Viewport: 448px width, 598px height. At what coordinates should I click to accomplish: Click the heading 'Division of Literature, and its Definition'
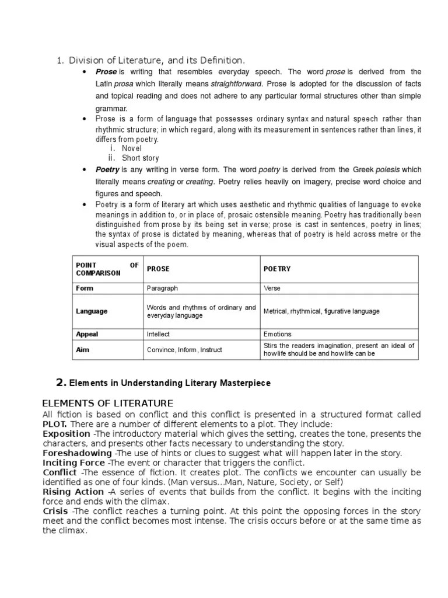[157, 60]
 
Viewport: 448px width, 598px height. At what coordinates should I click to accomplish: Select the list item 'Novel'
[132, 148]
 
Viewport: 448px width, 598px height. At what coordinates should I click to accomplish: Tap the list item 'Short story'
[140, 158]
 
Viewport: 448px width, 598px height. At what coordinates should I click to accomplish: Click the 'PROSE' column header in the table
[157, 269]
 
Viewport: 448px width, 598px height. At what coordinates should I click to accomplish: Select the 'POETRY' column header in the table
[277, 269]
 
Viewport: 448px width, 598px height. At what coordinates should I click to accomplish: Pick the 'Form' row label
[85, 288]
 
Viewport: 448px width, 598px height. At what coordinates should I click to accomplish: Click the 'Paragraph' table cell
[162, 288]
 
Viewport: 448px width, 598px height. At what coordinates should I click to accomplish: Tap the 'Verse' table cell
[272, 288]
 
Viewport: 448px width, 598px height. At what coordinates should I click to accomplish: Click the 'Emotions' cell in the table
[278, 334]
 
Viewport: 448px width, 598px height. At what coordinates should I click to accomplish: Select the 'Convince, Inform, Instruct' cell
[184, 350]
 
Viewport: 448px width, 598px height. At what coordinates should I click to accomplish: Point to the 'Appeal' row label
[87, 334]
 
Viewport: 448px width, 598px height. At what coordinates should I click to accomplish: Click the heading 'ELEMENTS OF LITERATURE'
[108, 404]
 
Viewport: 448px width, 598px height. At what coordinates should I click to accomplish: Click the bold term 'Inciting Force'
[73, 463]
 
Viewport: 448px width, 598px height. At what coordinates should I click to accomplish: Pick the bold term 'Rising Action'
[73, 492]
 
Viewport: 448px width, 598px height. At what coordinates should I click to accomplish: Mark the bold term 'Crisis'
[57, 512]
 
